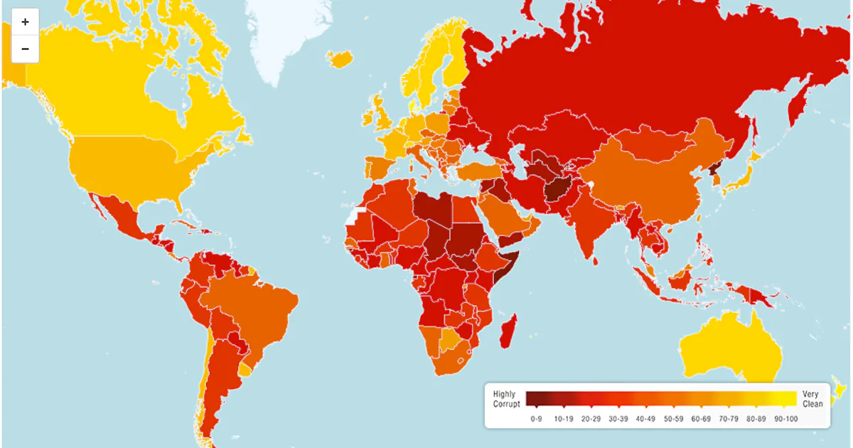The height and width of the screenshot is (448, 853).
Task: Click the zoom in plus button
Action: click(x=25, y=22)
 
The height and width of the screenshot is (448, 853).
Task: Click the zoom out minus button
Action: click(x=25, y=49)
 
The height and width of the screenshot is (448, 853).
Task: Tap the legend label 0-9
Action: click(x=537, y=419)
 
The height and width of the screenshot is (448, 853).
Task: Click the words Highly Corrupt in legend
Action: click(x=506, y=399)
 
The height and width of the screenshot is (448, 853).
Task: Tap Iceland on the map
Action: click(x=341, y=58)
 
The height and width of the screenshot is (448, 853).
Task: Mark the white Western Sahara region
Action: click(x=355, y=213)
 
